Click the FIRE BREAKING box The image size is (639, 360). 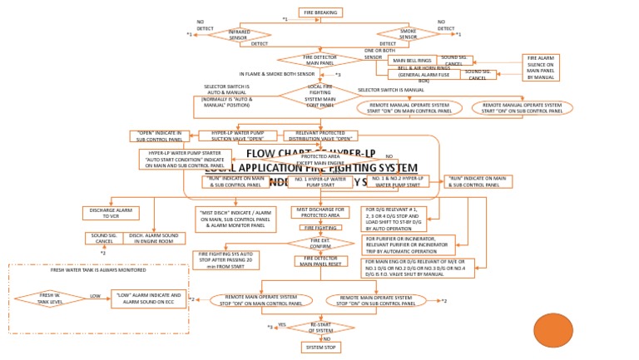(320, 12)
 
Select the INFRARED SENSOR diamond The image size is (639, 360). (238, 34)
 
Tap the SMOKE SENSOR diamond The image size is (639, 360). (408, 34)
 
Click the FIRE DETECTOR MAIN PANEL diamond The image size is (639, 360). (319, 60)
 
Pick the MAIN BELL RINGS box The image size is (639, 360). (413, 61)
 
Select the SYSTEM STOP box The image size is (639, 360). (320, 347)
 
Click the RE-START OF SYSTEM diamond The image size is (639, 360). (320, 327)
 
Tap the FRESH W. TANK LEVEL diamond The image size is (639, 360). (50, 298)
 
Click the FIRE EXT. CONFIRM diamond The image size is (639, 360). (320, 243)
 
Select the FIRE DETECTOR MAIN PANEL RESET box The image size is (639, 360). (320, 261)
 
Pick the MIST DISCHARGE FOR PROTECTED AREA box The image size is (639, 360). (320, 213)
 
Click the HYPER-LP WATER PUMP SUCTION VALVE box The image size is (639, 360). (237, 136)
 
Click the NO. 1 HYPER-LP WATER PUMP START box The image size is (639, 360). (320, 181)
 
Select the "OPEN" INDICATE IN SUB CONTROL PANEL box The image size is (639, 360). (160, 136)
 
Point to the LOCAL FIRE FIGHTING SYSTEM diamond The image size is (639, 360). (320, 96)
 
